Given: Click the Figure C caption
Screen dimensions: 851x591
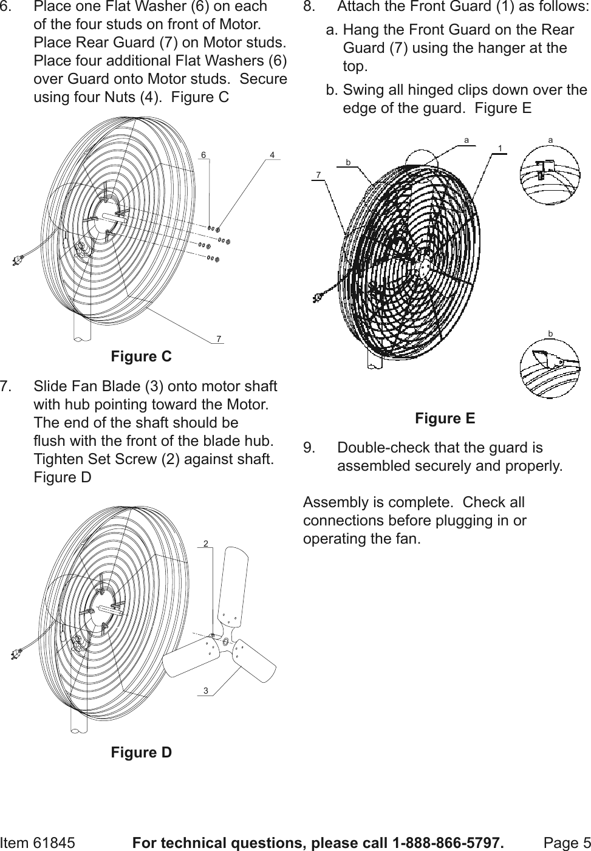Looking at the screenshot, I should tap(141, 357).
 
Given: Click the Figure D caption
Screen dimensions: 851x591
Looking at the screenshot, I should tap(141, 753).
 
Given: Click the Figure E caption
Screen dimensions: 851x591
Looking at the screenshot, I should tap(445, 419).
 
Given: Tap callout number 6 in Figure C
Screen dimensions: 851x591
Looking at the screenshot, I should tap(205, 155).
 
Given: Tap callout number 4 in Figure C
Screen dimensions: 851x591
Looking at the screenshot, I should tap(273, 155).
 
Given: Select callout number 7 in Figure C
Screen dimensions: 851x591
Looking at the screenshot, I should tap(219, 338).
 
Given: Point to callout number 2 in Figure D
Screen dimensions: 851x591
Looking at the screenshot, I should tap(206, 543).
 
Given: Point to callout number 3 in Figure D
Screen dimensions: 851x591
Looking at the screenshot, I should tap(206, 691).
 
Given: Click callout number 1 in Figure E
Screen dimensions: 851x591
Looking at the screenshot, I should tap(499, 148).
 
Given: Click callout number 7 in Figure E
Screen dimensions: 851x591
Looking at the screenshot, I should tap(318, 175).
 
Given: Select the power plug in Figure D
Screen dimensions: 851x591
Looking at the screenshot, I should tap(18, 655).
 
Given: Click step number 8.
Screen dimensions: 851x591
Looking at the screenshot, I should tap(309, 7).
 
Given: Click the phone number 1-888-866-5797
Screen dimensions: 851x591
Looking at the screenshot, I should tap(448, 843).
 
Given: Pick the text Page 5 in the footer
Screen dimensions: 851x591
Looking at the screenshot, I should tap(567, 843).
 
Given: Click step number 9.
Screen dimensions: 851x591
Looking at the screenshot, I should tap(309, 448).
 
